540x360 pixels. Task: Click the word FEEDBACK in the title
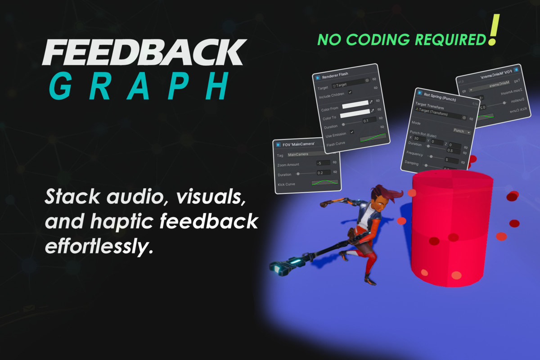coord(144,53)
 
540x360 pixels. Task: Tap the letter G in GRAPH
coord(60,87)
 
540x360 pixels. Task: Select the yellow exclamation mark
coord(494,30)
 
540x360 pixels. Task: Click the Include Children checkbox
coord(350,92)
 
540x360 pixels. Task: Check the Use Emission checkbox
coord(352,132)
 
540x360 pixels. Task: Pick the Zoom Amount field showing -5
coord(323,163)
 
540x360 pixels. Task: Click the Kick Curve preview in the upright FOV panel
coord(324,183)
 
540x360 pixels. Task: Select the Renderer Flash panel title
coord(335,74)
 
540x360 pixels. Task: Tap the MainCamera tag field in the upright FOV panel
coord(310,154)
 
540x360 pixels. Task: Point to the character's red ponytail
coord(396,195)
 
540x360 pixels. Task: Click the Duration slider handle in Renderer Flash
coord(343,124)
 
